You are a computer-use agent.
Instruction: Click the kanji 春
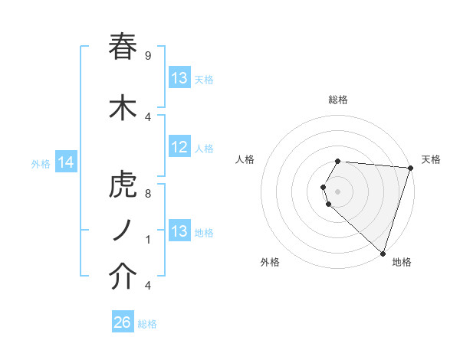pos(123,47)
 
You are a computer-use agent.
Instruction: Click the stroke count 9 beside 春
pos(148,56)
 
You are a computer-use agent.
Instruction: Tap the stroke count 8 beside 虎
pos(148,194)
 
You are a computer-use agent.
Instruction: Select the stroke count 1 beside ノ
pos(148,240)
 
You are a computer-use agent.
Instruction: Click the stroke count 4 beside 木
pos(148,116)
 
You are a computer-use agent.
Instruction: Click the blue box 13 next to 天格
pos(179,78)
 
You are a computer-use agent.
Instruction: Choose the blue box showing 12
pos(179,148)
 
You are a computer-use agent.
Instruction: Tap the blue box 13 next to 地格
pos(179,231)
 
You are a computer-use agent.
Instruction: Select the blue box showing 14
pos(66,162)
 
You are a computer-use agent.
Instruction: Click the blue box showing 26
pos(123,322)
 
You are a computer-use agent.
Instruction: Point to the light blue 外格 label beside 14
pos(41,162)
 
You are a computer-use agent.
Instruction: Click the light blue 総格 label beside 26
pos(147,324)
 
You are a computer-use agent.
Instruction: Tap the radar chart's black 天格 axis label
pos(431,159)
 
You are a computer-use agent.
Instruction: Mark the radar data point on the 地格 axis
pos(383,253)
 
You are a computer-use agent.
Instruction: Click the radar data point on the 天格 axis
pos(409,168)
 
